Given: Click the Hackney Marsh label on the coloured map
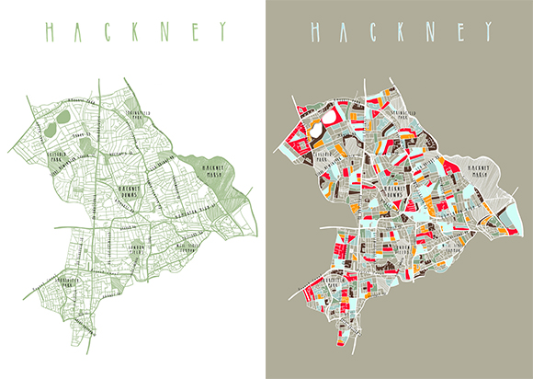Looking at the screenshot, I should [x=483, y=167].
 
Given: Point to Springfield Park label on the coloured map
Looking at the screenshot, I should [x=406, y=116].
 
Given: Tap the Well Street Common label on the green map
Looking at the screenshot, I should [x=192, y=246].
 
